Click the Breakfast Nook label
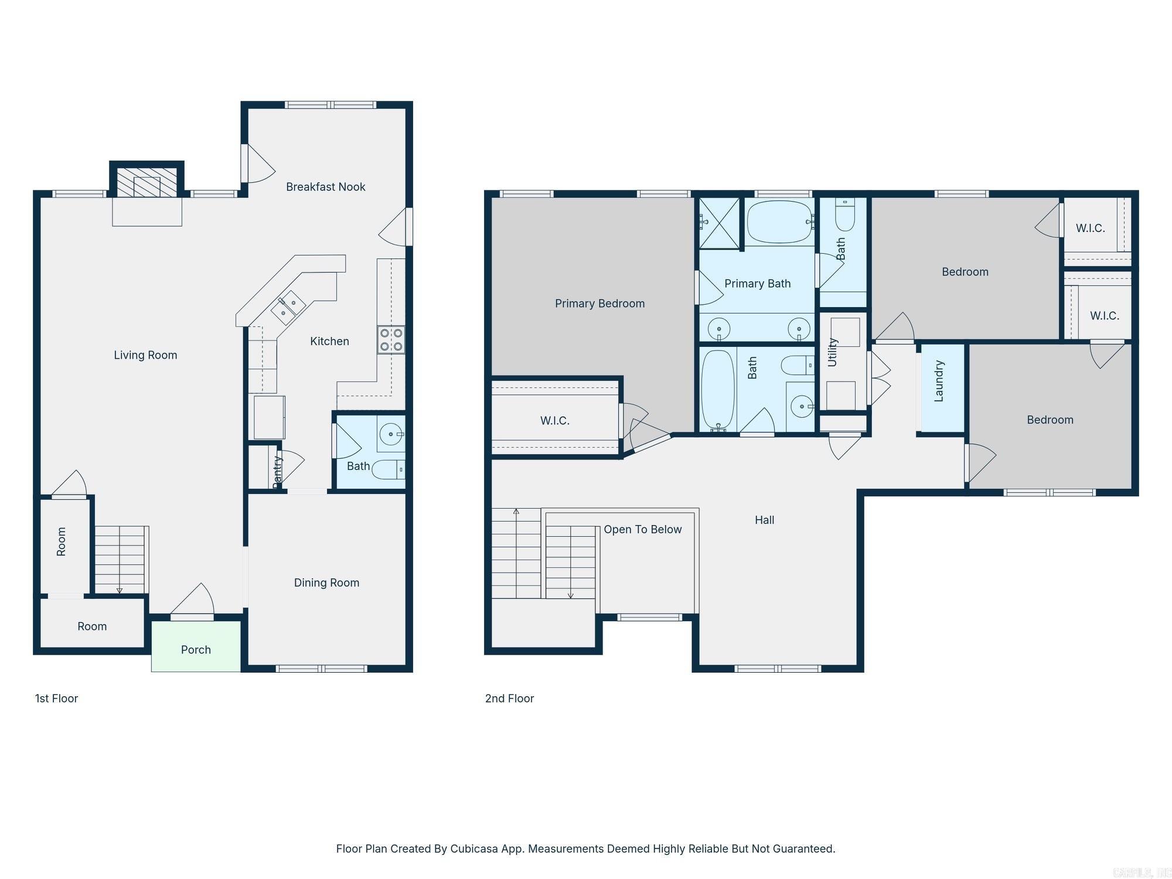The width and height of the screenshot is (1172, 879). [325, 187]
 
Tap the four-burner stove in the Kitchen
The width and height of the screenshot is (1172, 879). [391, 339]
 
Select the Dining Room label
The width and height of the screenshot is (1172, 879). [326, 582]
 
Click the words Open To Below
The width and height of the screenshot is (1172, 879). [642, 529]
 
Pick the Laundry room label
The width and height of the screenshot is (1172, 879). [939, 381]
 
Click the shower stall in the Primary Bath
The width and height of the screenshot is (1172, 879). [720, 223]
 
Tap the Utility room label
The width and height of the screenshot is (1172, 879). [832, 352]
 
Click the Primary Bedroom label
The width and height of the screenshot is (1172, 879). [599, 304]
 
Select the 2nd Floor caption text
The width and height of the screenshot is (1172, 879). [509, 699]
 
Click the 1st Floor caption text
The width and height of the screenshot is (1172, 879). [56, 699]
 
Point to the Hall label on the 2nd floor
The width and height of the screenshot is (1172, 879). [764, 520]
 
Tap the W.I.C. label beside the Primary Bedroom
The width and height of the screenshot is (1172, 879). [554, 421]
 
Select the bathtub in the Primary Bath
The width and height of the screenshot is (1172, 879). [779, 222]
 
